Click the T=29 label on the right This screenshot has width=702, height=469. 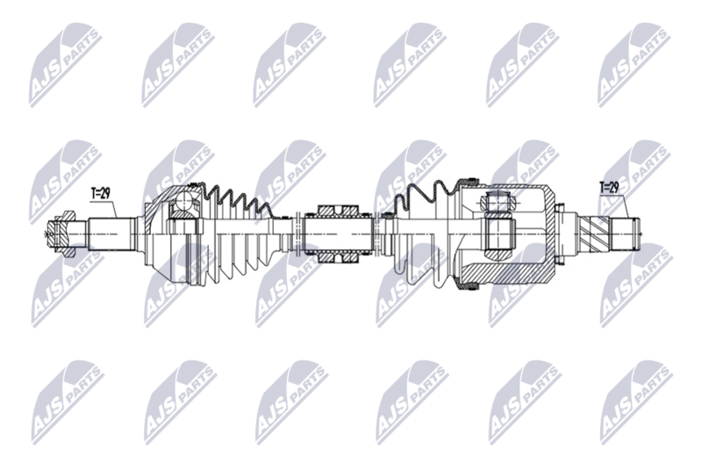pyautogui.click(x=609, y=187)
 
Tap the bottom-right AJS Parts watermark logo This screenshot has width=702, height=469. pyautogui.click(x=634, y=400)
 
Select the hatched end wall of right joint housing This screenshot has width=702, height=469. pyautogui.click(x=553, y=234)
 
